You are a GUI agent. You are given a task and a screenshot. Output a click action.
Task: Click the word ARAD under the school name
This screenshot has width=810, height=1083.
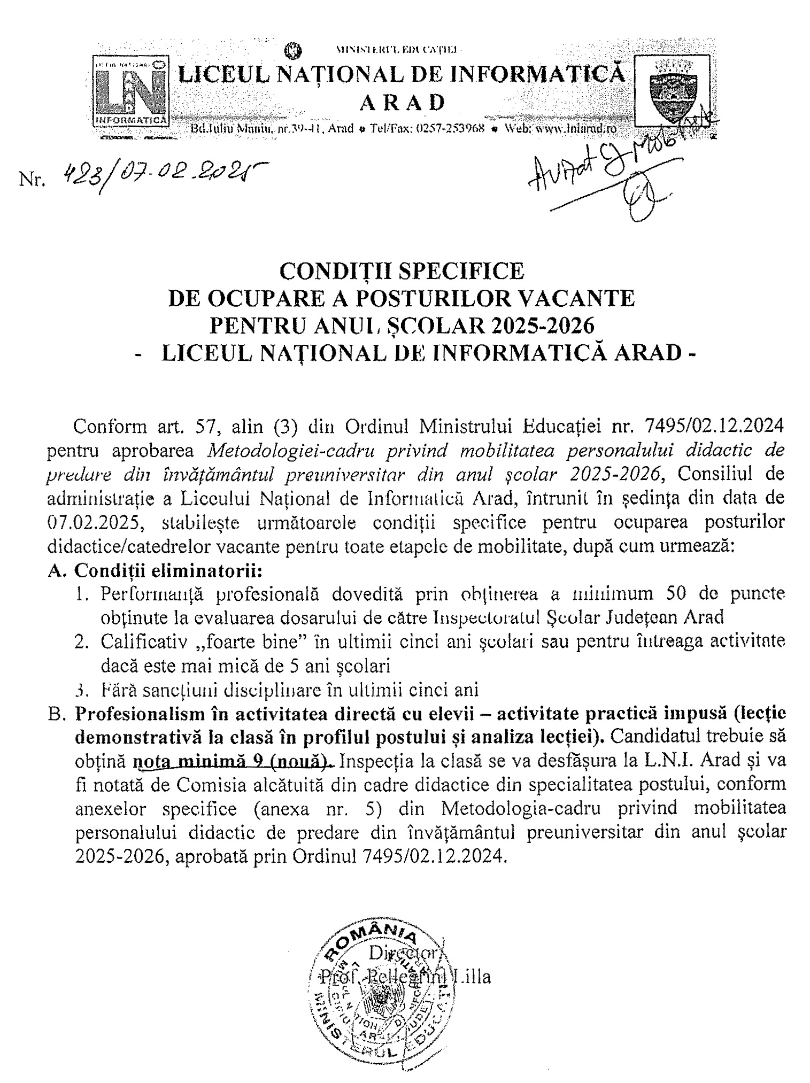click(402, 102)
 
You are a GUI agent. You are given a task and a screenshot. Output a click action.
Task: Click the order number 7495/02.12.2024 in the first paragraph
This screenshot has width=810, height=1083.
click(715, 427)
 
